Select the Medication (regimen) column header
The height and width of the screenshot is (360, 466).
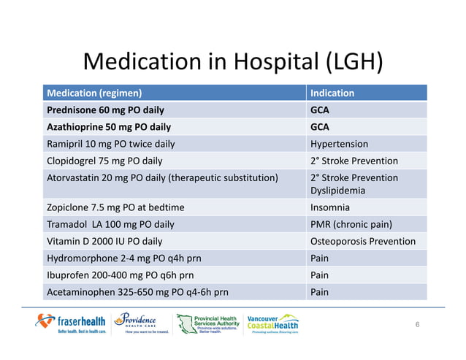coord(94,93)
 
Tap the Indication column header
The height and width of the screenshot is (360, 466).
coord(332,93)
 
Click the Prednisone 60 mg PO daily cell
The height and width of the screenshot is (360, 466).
coord(105,110)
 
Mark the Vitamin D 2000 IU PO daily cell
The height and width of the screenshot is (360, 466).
coord(104,241)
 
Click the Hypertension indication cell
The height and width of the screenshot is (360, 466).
coord(340,144)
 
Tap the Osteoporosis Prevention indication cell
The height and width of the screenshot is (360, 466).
coord(363,241)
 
